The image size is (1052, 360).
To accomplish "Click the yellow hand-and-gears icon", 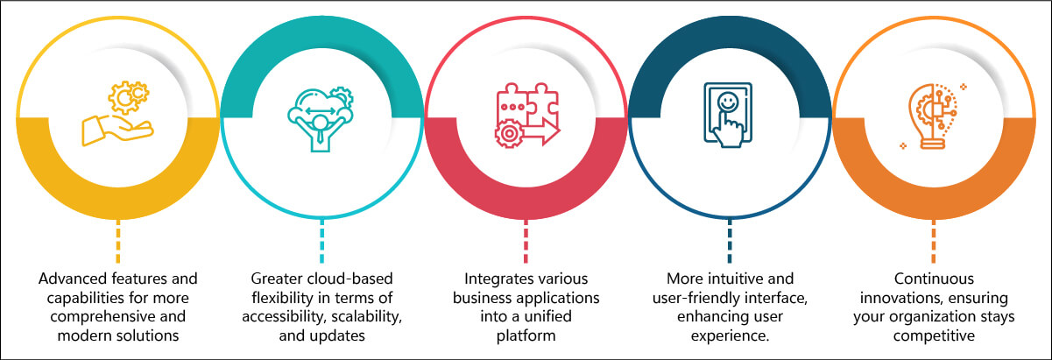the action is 118,114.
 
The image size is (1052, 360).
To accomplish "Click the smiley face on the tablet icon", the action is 728,102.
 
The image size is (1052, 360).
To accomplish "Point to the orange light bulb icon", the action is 933,116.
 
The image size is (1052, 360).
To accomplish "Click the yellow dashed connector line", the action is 118,241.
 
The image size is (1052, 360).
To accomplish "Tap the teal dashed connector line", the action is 321,241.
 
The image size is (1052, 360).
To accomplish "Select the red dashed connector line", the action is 526,241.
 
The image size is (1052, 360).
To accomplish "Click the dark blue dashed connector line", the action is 730,241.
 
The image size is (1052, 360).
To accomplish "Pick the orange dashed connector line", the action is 933,241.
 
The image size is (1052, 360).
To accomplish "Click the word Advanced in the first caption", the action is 73,279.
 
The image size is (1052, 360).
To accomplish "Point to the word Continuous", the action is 934,279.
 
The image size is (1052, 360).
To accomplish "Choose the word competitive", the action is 934,336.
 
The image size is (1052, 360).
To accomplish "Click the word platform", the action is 526,336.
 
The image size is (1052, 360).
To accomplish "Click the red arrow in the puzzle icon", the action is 540,132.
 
